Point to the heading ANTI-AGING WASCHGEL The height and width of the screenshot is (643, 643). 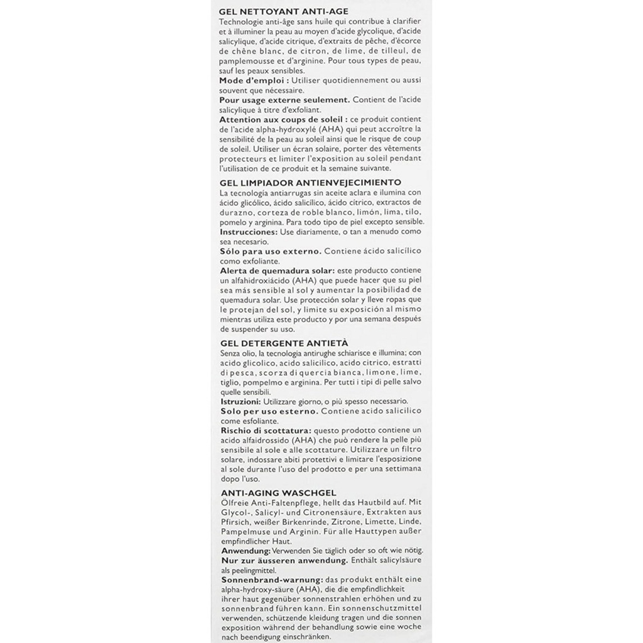[280, 493]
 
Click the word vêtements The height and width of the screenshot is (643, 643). [401, 148]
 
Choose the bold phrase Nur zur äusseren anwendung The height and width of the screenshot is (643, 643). [284, 559]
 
